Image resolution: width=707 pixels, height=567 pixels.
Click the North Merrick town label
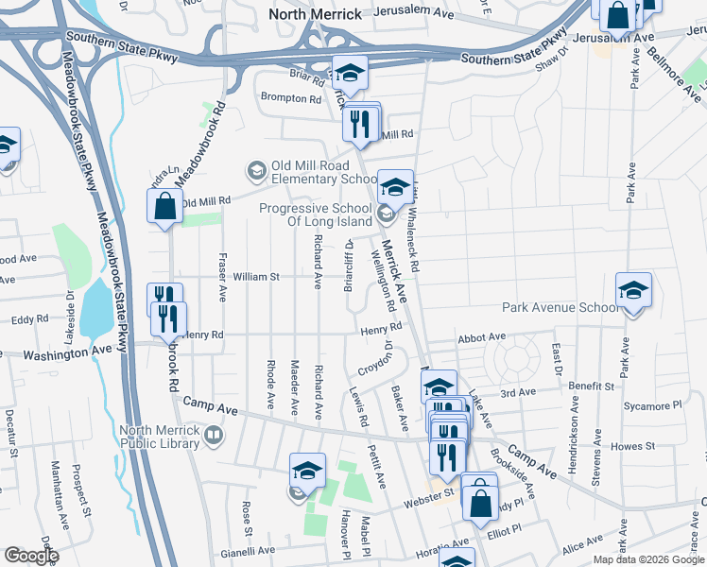pyautogui.click(x=315, y=13)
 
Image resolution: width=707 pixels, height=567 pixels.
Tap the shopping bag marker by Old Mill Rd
pyautogui.click(x=164, y=206)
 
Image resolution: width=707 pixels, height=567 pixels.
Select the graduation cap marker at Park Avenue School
pyautogui.click(x=633, y=291)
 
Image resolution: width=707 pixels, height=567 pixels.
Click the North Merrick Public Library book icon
pyautogui.click(x=215, y=435)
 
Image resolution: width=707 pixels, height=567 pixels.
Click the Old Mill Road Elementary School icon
pyautogui.click(x=255, y=170)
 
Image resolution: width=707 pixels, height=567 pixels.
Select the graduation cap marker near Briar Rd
pyautogui.click(x=349, y=74)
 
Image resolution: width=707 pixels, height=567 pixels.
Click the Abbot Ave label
pyautogui.click(x=482, y=336)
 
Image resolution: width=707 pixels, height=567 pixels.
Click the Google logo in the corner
pyautogui.click(x=31, y=556)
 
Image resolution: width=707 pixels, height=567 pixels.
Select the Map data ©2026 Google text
pyautogui.click(x=648, y=559)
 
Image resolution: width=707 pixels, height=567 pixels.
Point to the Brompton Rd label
pyautogui.click(x=292, y=98)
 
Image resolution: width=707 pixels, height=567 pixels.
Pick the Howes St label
pyautogui.click(x=633, y=445)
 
